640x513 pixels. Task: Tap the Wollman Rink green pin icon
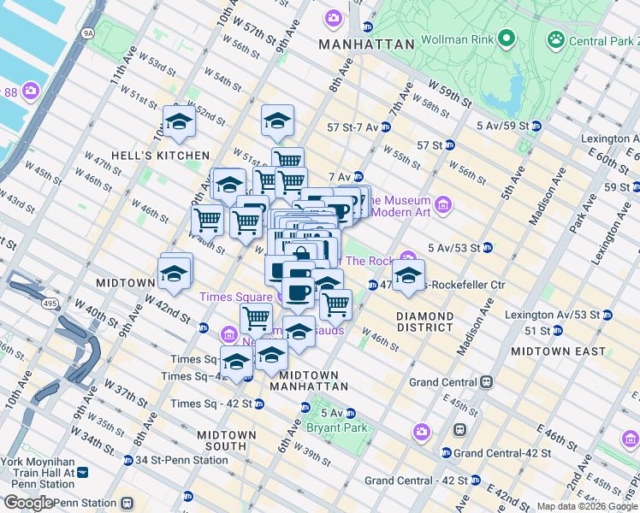[x=506, y=38]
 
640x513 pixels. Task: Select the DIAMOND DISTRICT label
[x=425, y=321]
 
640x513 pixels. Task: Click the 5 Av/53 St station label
[x=458, y=248]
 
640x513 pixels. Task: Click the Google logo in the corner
[x=28, y=503]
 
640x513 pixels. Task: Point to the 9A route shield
[x=88, y=33]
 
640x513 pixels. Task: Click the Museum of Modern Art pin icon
[x=443, y=204]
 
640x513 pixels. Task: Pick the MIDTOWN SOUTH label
[x=226, y=440]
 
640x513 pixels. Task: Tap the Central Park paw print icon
[x=557, y=38]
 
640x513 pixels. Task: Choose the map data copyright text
[x=587, y=506]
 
